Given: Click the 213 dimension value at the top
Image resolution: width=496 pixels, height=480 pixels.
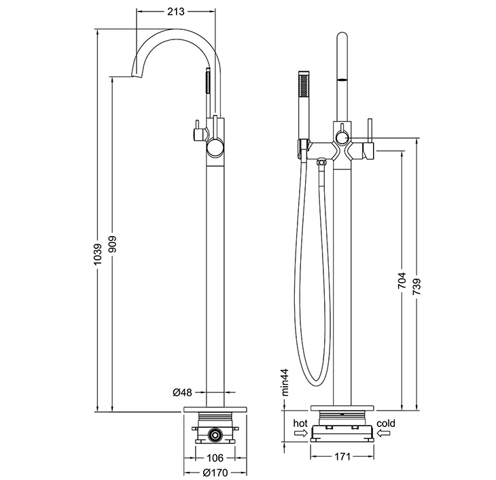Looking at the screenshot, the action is click(175, 12).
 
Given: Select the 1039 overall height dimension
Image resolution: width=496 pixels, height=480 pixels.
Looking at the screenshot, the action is click(99, 254).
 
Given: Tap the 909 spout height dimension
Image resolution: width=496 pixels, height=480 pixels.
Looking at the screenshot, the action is click(113, 244).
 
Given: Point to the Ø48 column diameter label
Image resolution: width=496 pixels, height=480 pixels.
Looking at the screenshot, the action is click(183, 392).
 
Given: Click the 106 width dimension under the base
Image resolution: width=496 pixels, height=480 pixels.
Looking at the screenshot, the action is click(215, 458).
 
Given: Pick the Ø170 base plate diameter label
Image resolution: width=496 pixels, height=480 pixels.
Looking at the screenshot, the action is click(215, 473).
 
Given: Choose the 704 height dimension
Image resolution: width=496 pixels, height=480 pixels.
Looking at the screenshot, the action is click(402, 280).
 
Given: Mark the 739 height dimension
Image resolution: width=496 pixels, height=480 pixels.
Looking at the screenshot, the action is click(417, 286).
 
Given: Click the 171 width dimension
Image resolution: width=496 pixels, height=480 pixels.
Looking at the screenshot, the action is click(342, 457).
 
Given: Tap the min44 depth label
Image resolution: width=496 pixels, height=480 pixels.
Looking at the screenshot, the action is click(285, 382).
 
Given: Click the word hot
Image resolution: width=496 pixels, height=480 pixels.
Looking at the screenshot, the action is click(300, 423).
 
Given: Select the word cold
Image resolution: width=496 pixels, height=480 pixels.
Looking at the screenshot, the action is click(386, 423).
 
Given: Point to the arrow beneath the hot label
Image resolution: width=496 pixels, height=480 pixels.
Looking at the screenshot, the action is click(300, 433).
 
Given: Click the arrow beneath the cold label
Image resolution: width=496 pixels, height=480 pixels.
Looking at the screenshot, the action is click(384, 433).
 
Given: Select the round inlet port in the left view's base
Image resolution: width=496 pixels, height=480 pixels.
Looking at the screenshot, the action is click(215, 435).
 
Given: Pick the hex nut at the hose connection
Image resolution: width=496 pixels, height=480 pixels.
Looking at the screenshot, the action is click(321, 162).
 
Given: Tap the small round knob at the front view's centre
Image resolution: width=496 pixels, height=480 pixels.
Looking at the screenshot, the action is click(342, 137).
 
